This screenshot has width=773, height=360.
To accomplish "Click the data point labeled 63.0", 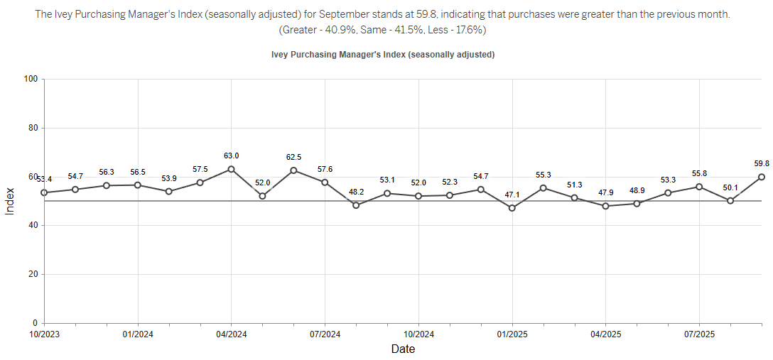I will click(x=231, y=170).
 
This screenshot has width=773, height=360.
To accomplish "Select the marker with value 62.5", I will click(x=293, y=170).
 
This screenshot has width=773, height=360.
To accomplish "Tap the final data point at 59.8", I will click(x=762, y=177).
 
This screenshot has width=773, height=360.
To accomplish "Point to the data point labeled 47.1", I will click(x=512, y=208).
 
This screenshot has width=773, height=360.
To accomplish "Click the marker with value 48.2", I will click(x=356, y=205).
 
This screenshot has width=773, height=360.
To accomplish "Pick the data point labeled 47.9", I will click(x=605, y=206).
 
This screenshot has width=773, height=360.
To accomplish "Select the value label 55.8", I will click(x=699, y=173).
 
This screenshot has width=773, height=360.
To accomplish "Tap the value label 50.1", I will click(x=730, y=187).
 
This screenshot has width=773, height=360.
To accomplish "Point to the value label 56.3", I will click(x=107, y=173).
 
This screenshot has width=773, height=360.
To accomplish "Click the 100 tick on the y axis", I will click(x=31, y=79).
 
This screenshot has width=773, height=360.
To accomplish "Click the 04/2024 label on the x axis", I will click(x=231, y=334).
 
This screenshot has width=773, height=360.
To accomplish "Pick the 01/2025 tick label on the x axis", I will click(x=512, y=334).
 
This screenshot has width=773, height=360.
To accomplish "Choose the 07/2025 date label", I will click(x=699, y=334).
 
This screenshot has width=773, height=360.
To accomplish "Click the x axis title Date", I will click(x=403, y=349).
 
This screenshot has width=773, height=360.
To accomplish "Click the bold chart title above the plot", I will click(x=383, y=55).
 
